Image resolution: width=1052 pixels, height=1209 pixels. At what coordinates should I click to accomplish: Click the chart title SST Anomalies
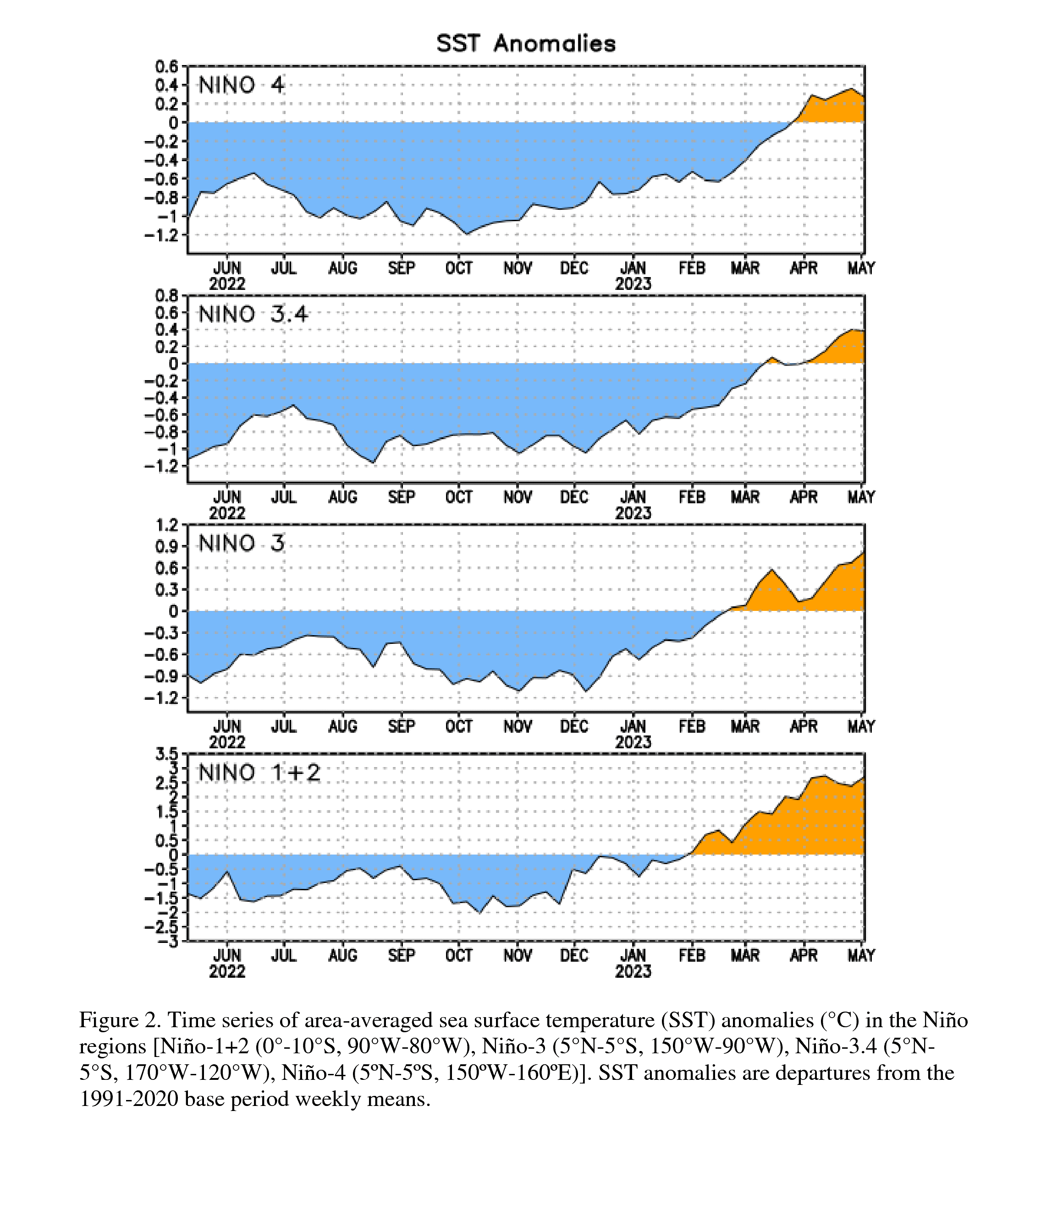point(526,44)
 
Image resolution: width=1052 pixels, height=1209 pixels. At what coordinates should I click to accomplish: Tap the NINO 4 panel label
point(241,86)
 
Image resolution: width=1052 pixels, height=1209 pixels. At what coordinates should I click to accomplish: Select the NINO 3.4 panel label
point(253,315)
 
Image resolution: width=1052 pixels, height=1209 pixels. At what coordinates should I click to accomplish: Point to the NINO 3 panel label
point(241,544)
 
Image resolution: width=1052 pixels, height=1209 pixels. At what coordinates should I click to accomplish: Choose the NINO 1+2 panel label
point(259,773)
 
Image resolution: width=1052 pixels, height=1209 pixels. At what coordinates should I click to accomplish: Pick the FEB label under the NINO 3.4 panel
point(692,497)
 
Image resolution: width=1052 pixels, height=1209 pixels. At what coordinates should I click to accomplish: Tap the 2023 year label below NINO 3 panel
point(633,742)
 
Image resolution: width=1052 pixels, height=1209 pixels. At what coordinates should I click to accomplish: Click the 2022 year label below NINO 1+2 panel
point(227,971)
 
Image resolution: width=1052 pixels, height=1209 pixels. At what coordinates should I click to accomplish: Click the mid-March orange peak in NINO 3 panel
point(771,570)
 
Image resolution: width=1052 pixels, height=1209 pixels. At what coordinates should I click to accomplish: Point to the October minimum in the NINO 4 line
point(467,234)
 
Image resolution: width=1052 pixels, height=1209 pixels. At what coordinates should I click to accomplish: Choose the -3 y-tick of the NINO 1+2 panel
point(171,941)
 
